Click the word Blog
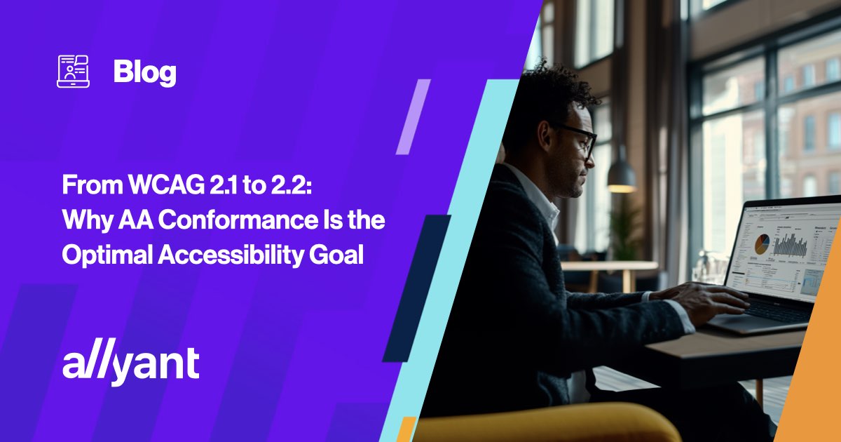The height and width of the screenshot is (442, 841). (145, 72)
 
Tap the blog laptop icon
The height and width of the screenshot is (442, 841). (73, 72)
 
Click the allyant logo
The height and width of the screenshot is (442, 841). (130, 365)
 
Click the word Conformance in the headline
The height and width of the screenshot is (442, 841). (238, 220)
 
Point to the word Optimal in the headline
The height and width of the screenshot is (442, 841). (107, 255)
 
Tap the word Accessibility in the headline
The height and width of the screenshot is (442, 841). (230, 255)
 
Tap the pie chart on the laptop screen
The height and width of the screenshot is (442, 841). (762, 243)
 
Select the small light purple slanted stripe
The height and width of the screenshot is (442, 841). (413, 116)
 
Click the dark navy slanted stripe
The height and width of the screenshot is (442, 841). (417, 288)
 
